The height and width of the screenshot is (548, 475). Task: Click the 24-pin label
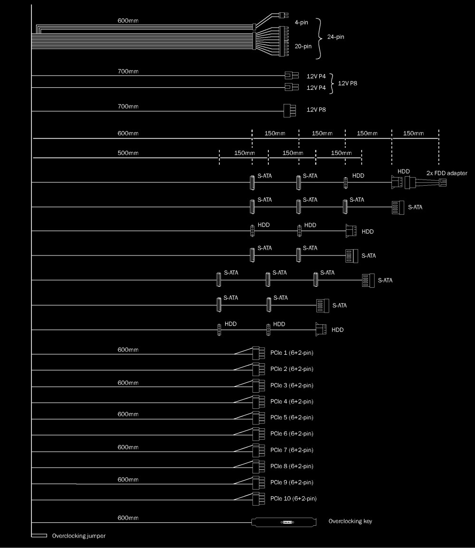pos(335,37)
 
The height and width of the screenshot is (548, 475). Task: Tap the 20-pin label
pos(303,46)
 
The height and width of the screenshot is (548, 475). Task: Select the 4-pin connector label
pos(301,22)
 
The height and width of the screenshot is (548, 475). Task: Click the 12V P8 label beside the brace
pos(347,83)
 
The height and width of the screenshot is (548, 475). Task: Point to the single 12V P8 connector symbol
pos(290,111)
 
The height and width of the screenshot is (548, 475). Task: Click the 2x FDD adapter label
pos(446,173)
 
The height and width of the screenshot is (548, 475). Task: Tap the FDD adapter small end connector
pos(443,182)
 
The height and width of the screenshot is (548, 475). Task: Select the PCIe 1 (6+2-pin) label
pos(292,353)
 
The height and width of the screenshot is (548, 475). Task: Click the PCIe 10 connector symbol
pos(258,499)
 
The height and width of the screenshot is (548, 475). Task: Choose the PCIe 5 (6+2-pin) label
pos(292,417)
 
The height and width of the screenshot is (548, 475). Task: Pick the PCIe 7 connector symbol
pos(258,450)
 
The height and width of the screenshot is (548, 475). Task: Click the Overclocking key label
pos(350,521)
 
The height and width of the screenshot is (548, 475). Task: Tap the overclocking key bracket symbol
pos(284,522)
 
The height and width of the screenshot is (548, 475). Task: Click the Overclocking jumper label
pos(79,536)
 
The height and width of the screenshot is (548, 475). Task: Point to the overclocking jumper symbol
pos(39,536)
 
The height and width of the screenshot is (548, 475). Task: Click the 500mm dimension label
pos(128,153)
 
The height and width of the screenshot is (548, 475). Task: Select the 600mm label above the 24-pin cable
pos(128,20)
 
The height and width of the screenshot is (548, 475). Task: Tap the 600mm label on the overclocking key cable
pos(128,518)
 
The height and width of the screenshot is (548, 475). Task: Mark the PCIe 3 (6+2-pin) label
pos(292,385)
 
